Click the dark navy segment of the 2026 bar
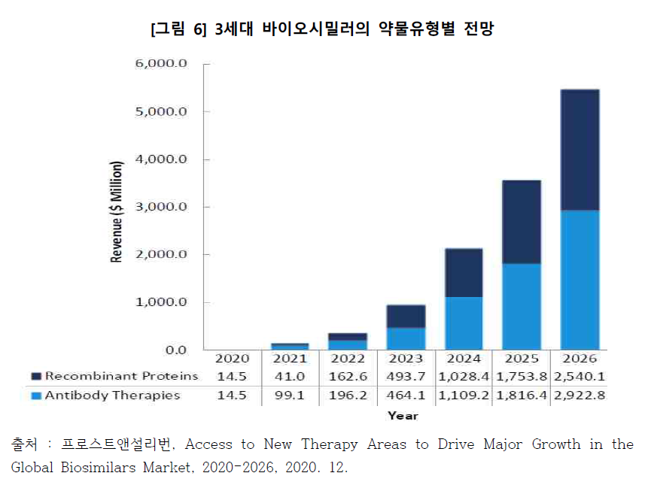[580, 150]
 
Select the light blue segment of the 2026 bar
[580, 280]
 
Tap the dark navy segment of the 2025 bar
[521, 222]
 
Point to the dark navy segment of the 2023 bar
[406, 316]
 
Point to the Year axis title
[403, 415]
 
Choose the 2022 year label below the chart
[348, 359]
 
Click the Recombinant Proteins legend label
[121, 376]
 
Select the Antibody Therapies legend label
[112, 395]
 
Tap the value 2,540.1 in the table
[579, 376]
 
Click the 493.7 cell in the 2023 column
[406, 376]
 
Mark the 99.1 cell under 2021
[290, 395]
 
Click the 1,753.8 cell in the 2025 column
[521, 376]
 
